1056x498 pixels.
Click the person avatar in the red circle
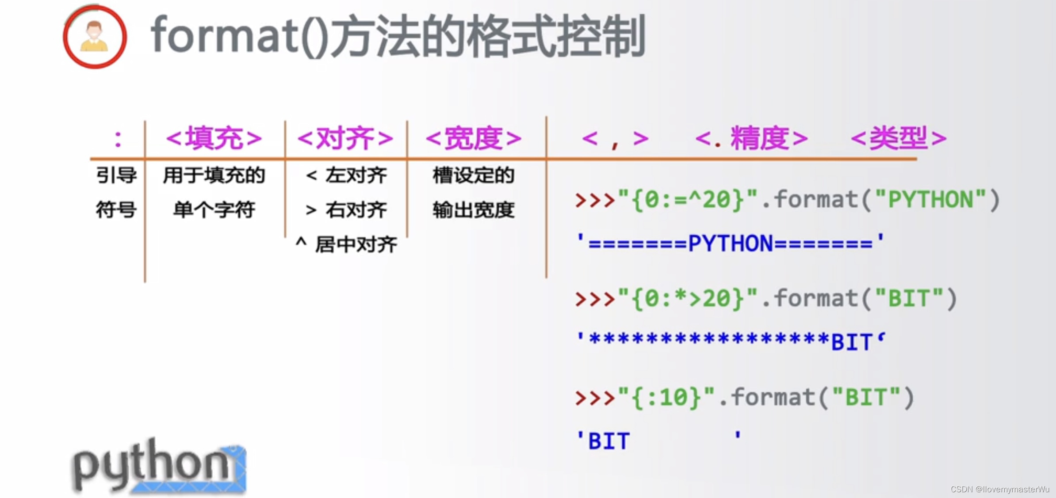click(x=95, y=37)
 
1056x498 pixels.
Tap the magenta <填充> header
click(x=214, y=138)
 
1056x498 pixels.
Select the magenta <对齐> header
click(x=345, y=138)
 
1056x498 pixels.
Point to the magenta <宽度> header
click(x=474, y=138)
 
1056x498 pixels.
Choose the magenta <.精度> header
click(x=752, y=138)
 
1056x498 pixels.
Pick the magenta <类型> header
click(x=899, y=138)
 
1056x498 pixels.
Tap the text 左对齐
click(x=356, y=175)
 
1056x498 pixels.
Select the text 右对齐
click(x=356, y=210)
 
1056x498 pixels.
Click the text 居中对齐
click(x=356, y=244)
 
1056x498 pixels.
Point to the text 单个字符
click(x=214, y=210)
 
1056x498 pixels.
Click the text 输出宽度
click(x=474, y=210)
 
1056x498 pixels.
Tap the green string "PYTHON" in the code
click(x=930, y=200)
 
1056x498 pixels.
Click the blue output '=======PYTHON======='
click(x=731, y=243)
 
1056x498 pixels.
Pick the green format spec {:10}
click(x=667, y=397)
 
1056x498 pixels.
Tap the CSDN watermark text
click(x=1000, y=489)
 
